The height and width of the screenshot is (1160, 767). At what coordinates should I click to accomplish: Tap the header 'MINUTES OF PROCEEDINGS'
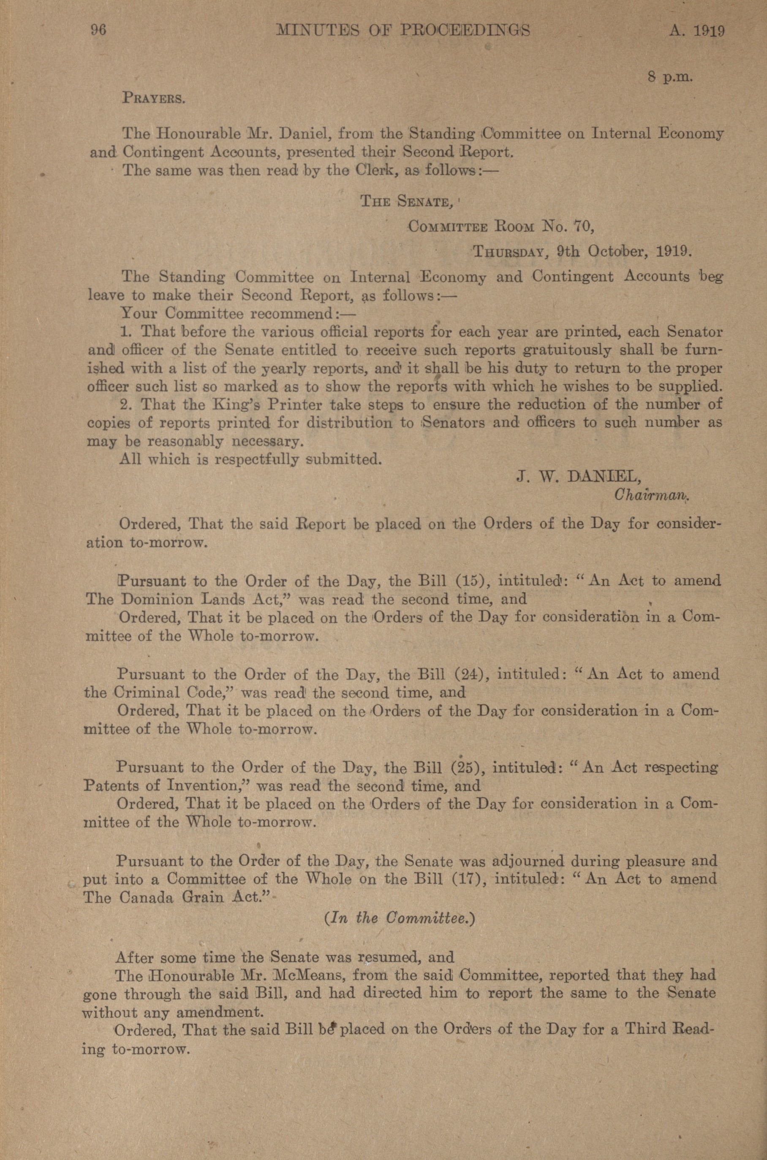[403, 31]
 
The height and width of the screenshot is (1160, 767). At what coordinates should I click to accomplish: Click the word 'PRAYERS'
[153, 98]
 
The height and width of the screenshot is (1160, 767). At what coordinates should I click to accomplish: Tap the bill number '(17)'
[469, 879]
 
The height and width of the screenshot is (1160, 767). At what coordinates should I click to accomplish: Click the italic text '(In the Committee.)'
[400, 918]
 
